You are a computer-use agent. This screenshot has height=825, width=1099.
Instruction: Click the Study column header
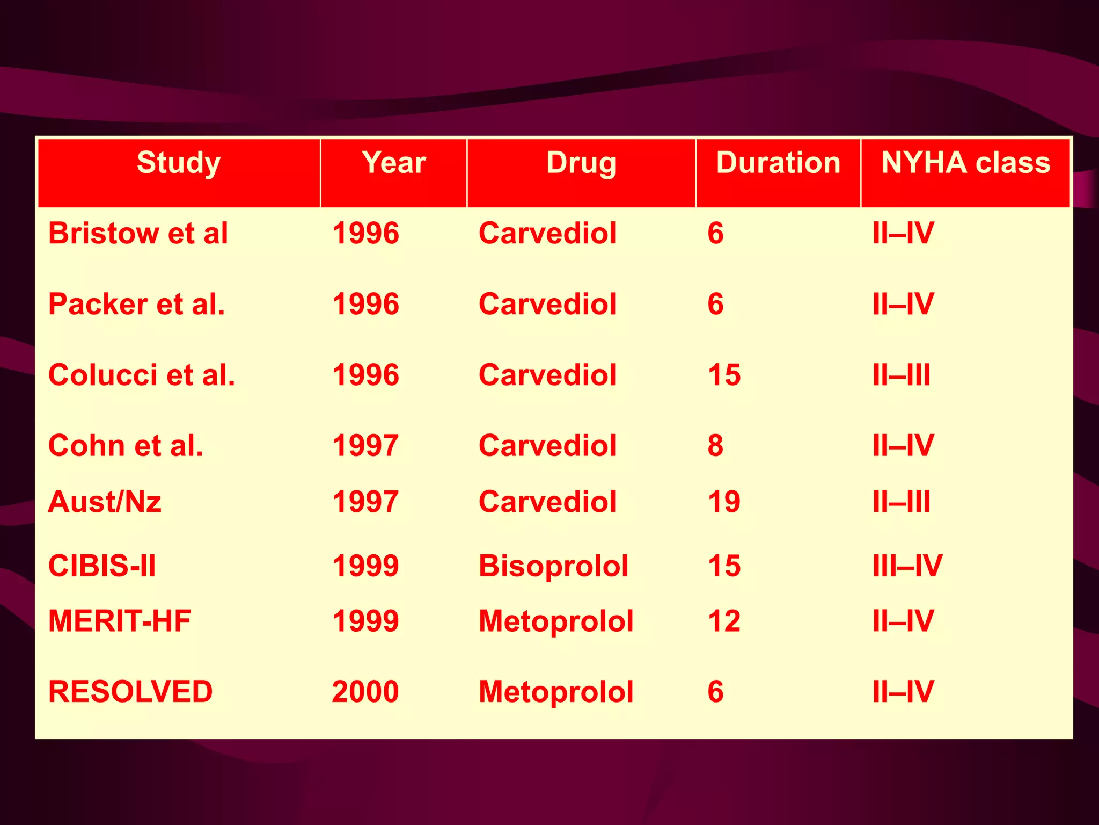pos(179,163)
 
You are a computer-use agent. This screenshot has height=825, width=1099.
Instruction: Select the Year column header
pos(394,163)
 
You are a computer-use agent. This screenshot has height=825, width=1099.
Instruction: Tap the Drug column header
pos(581,163)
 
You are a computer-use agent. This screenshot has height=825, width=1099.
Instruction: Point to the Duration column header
pos(778,163)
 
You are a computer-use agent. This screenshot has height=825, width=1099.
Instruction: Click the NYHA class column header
pos(966,163)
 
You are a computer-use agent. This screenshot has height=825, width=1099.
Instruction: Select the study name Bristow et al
pos(138,233)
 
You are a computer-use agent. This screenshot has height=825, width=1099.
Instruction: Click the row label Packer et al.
pos(137,304)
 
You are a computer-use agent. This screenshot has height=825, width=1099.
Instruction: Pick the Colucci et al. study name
pos(142,375)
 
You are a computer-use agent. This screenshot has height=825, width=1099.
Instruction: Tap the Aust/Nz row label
pos(105,502)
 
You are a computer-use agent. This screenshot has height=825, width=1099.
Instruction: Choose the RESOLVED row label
pos(130,691)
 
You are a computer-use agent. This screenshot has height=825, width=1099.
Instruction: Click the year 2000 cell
pos(365,691)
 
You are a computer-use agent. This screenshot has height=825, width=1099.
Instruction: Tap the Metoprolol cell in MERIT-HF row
pos(556,621)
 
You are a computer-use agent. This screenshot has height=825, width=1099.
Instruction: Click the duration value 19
pos(724,502)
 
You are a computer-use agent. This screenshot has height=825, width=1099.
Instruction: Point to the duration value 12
pos(724,621)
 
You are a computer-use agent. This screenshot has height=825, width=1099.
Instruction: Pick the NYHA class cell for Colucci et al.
pos(902,375)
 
